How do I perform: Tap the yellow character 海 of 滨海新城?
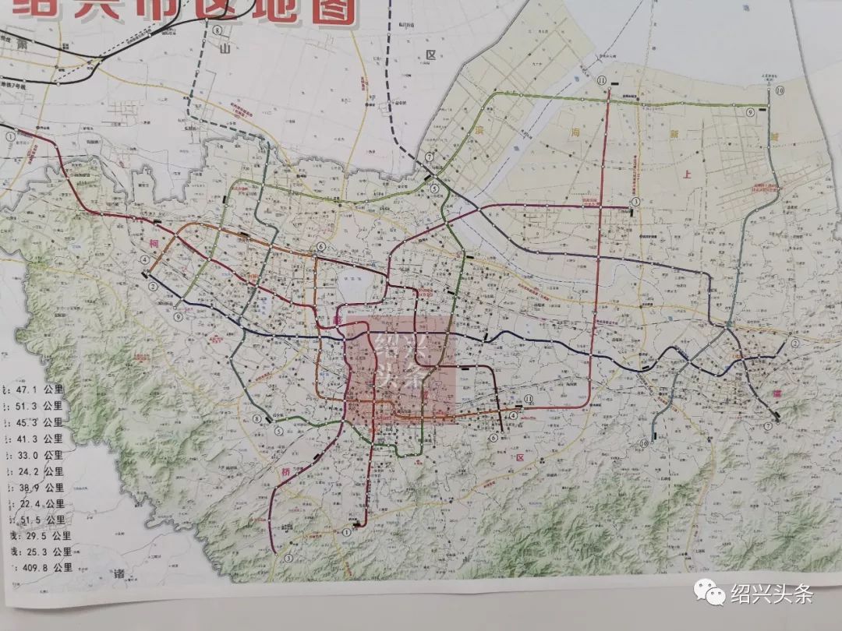(578, 132)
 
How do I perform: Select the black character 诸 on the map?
(119, 573)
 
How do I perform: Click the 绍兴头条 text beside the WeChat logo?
(773, 594)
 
